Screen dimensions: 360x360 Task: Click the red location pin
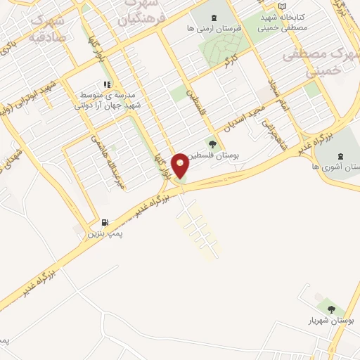pos(180,165)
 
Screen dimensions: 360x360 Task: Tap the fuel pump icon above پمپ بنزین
pos(105,221)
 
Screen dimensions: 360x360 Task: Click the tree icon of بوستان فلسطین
pos(212,144)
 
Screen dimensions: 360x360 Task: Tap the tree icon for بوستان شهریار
pos(330,309)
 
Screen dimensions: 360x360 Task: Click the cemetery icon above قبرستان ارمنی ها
pos(214,17)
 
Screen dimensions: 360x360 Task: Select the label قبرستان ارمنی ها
pos(214,29)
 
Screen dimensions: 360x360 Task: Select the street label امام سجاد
pos(276,96)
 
